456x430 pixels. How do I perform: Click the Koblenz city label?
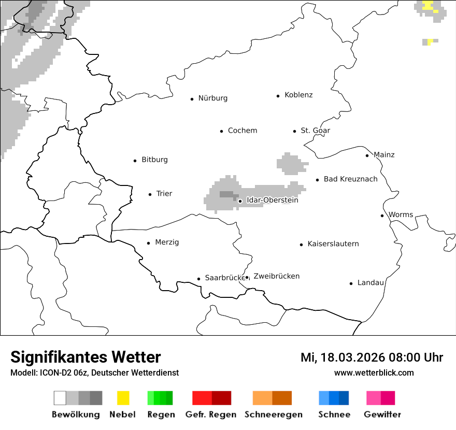coord(298,95)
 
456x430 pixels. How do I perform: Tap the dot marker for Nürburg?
coord(192,98)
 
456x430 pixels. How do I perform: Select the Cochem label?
coord(242,131)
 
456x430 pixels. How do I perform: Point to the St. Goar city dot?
coord(294,131)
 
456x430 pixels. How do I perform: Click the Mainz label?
coord(383,155)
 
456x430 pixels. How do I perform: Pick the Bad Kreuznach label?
coord(350,179)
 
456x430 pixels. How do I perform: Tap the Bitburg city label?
coord(154,160)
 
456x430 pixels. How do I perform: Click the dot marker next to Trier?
coord(150,194)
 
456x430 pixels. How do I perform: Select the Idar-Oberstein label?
coord(272,200)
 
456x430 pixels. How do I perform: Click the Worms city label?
coord(401,215)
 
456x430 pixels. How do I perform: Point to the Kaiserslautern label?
coord(333,244)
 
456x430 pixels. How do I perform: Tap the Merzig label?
coord(167,242)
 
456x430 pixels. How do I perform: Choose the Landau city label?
coord(370,283)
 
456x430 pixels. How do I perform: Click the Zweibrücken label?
coord(276,276)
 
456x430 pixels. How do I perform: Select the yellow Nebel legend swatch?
coord(123,398)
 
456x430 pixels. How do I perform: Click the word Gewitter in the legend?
coord(382,414)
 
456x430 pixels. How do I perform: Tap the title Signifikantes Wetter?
coord(85,357)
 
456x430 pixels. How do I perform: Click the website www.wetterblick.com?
coord(374,372)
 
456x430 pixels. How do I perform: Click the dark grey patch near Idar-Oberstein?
coord(226,194)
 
